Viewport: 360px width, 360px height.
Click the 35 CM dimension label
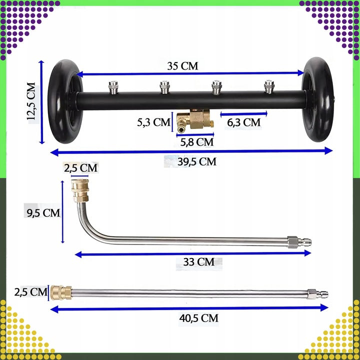point(182,66)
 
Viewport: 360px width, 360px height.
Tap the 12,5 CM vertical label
point(31,101)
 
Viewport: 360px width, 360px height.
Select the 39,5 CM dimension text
point(197,161)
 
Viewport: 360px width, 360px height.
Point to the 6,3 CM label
point(244,122)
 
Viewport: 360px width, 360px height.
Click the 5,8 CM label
point(197,142)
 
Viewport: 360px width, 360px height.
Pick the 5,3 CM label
point(153,122)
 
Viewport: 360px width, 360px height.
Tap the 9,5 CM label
point(43,213)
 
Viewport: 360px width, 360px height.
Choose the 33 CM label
point(199,262)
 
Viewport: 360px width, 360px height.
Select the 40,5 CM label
point(199,318)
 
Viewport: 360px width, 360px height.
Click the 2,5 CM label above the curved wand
point(80,168)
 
